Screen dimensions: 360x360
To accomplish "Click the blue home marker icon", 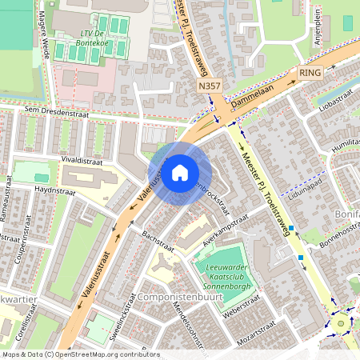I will click(180, 172).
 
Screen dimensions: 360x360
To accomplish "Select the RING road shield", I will click(308, 72).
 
